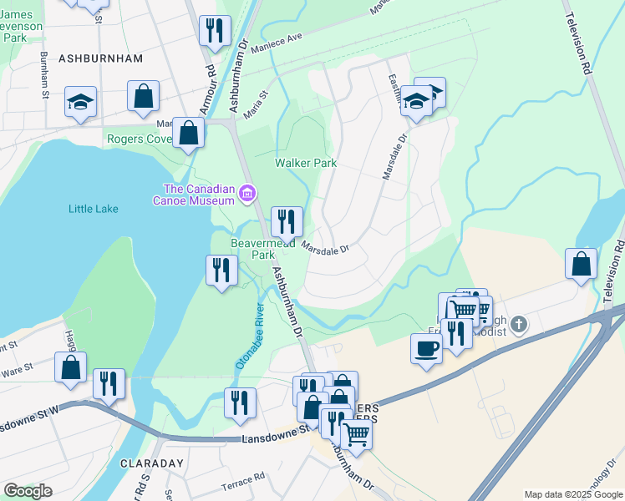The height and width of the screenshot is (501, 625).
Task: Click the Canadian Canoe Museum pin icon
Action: pos(246,194)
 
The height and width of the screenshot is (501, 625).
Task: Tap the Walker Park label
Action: pos(306,163)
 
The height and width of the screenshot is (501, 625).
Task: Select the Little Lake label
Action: pos(94,209)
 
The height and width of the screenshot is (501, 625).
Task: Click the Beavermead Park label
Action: pos(253,249)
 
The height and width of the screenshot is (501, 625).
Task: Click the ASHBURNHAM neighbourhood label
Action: pos(90,58)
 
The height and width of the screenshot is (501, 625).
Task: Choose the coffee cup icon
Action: pos(427,347)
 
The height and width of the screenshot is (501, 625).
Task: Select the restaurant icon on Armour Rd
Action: pos(215,31)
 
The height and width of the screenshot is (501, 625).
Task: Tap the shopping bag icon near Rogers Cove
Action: pos(189,132)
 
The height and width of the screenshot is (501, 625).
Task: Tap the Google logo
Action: pos(28,491)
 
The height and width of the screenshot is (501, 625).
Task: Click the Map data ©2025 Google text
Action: pos(572,494)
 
